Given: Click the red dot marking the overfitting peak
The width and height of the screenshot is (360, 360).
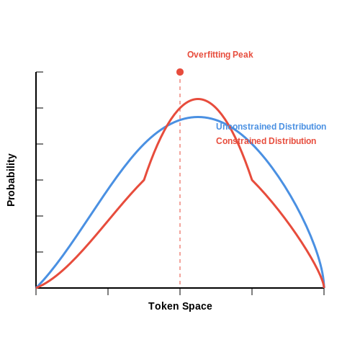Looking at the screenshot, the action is coord(180,72).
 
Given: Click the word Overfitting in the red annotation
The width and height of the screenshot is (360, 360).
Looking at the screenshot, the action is coord(209,55).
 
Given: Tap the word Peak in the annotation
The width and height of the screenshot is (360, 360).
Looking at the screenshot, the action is coord(243,55).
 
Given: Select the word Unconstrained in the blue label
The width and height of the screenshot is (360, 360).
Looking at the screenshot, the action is coord(246,127).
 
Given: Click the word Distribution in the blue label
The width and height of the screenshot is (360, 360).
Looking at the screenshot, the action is coord(302,127).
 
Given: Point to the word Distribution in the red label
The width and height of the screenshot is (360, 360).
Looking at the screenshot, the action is coord(292,141).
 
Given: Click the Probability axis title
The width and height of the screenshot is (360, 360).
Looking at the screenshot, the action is coord(11,180).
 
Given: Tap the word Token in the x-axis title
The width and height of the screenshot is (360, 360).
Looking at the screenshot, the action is coord(163,306).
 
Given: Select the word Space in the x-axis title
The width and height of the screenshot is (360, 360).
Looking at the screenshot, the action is coord(197,307).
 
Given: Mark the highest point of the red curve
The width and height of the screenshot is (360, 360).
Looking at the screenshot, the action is coord(198,99).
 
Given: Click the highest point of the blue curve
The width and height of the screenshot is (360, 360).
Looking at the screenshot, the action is coord(198,117).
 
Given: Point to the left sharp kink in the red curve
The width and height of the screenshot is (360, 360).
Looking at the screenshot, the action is coord(144,180).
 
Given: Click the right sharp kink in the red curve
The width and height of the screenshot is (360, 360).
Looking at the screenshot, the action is coord(252,180).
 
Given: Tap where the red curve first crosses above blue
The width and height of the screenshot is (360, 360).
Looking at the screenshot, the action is coord(166,126).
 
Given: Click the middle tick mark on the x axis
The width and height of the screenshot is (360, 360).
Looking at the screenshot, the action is coord(180,292).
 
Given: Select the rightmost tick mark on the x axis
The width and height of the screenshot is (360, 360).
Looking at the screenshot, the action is coord(324,292).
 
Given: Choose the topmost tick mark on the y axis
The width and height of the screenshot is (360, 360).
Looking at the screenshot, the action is coord(40,72).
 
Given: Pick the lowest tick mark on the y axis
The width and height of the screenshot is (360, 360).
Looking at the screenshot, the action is coord(40,252).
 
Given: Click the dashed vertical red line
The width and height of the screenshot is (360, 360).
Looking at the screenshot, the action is coord(180,180).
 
